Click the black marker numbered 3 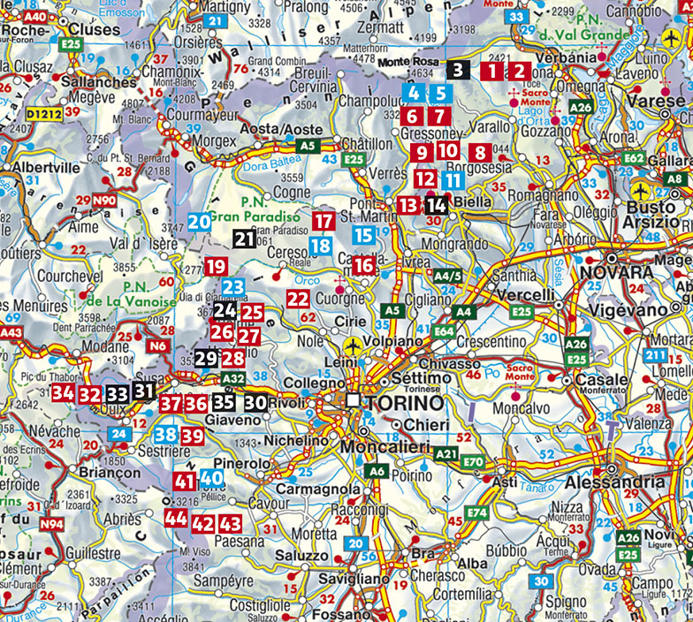click(457, 71)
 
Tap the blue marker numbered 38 click(164, 434)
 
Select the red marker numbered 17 click(324, 221)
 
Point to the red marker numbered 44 click(176, 519)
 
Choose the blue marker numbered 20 click(199, 221)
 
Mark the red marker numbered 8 click(480, 153)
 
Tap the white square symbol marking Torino click(354, 401)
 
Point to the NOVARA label click(620, 270)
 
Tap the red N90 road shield click(104, 201)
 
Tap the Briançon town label click(110, 472)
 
